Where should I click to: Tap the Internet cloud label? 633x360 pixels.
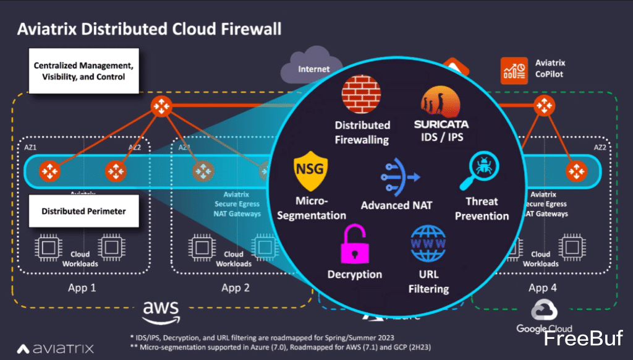click(314, 69)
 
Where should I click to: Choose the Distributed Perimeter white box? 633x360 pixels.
click(83, 211)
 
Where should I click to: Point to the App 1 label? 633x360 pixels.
click(82, 288)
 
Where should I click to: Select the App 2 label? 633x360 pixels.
click(235, 288)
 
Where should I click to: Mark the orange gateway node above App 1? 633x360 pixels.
click(162, 106)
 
